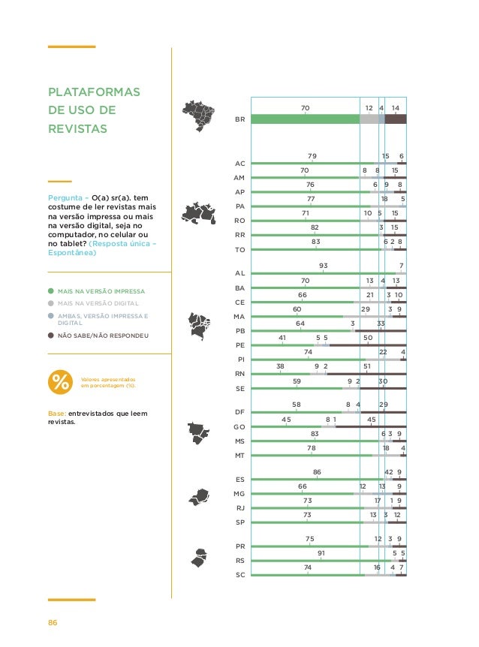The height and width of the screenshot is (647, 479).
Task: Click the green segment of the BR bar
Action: coord(305,119)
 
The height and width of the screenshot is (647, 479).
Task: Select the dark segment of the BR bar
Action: coord(396,119)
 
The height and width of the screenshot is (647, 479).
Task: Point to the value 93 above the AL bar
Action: coord(324,266)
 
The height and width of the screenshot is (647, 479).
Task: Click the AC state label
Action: coord(240,163)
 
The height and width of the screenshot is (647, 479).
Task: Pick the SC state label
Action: coord(240,574)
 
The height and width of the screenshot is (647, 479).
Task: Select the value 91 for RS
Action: coord(321,553)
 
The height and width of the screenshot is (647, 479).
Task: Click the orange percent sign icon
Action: coord(59,382)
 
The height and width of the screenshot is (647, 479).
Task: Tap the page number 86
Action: coord(53,622)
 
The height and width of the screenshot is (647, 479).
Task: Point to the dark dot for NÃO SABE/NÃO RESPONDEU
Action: coord(51,336)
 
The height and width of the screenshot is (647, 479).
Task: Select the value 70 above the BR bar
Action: coord(305,108)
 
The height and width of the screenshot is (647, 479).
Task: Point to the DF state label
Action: coord(240,412)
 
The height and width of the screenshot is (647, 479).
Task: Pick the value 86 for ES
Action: coord(317,472)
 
